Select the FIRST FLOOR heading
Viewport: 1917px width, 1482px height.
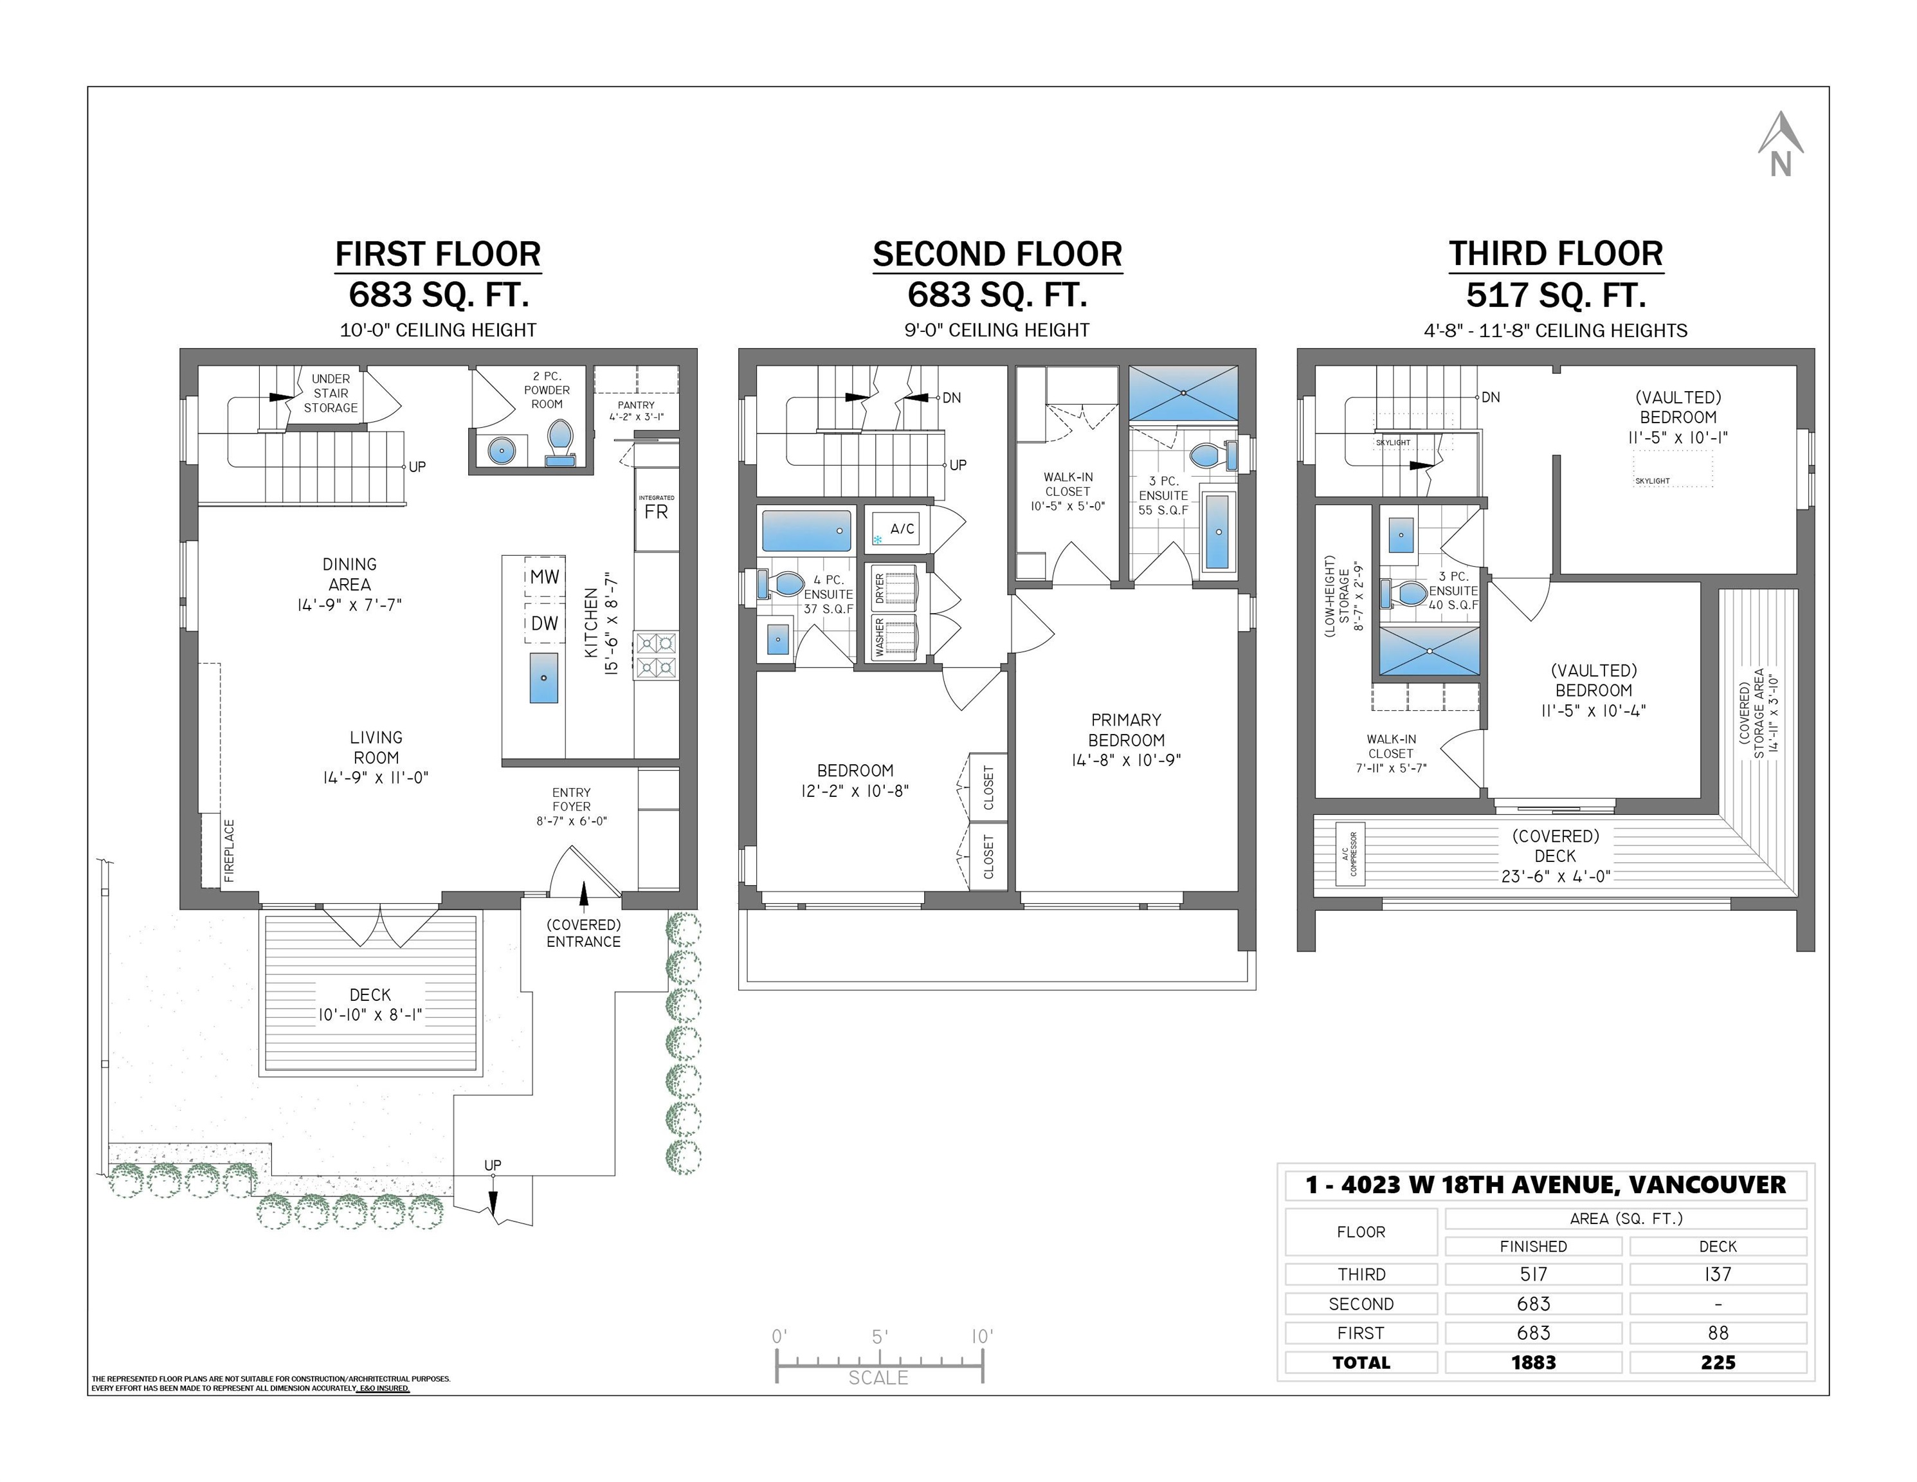438,255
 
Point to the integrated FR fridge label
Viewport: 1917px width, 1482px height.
656,511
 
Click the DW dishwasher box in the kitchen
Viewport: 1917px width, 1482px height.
544,623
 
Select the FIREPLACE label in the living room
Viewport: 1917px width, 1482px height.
229,850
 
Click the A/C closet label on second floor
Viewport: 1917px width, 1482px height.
902,529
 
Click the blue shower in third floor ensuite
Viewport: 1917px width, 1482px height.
1429,650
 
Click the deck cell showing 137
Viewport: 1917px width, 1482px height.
1717,1274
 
